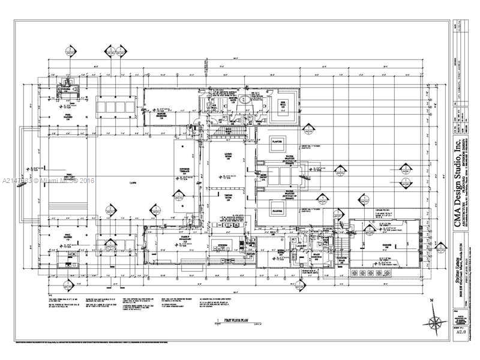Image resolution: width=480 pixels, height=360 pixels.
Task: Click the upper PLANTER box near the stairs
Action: point(277,143)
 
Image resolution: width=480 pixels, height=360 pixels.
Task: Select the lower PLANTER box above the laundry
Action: point(277,211)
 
